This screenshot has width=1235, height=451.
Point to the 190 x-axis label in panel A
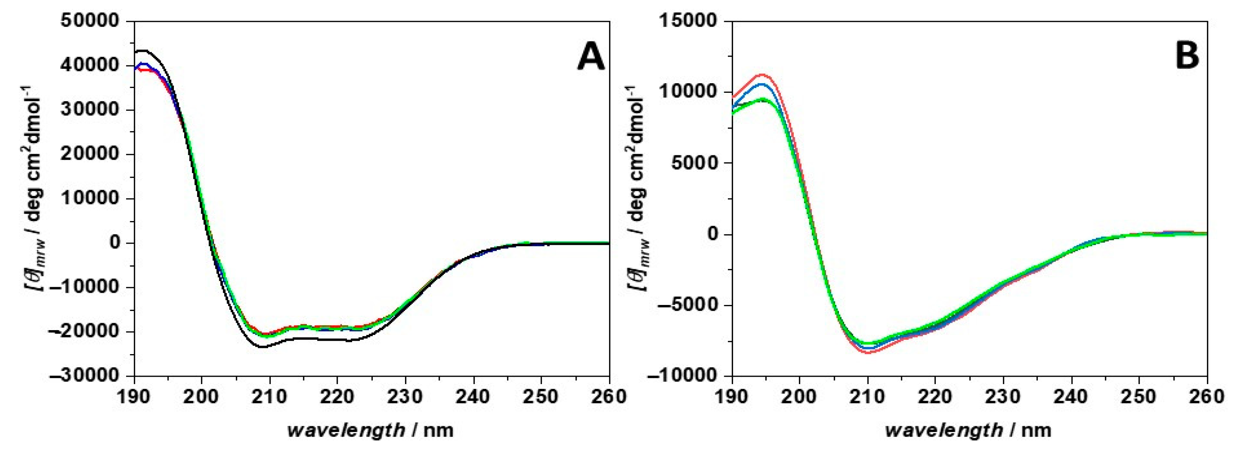[x=134, y=397]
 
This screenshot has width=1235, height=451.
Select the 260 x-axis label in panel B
[x=1207, y=397]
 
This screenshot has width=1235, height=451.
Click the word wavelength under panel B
[x=944, y=430]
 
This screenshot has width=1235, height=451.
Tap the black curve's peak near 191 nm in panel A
[x=143, y=50]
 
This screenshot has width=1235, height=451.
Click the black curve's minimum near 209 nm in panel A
[x=263, y=346]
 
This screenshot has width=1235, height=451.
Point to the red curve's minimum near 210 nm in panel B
[x=868, y=353]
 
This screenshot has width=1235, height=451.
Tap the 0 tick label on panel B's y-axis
[x=716, y=234]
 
